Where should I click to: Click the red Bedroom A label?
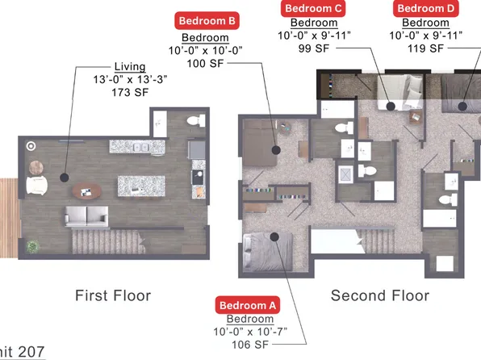[x=249, y=305]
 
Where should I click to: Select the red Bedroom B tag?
[x=206, y=20]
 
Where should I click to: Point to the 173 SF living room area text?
[x=130, y=93]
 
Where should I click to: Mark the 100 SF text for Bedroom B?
[x=205, y=63]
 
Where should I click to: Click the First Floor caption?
[x=113, y=295]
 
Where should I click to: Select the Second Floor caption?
[x=379, y=295]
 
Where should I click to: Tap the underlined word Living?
[x=130, y=66]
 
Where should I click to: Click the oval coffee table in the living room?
[x=87, y=191]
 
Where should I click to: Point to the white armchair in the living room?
[x=37, y=186]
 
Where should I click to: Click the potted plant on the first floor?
[x=32, y=245]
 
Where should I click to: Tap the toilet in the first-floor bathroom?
[x=193, y=121]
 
